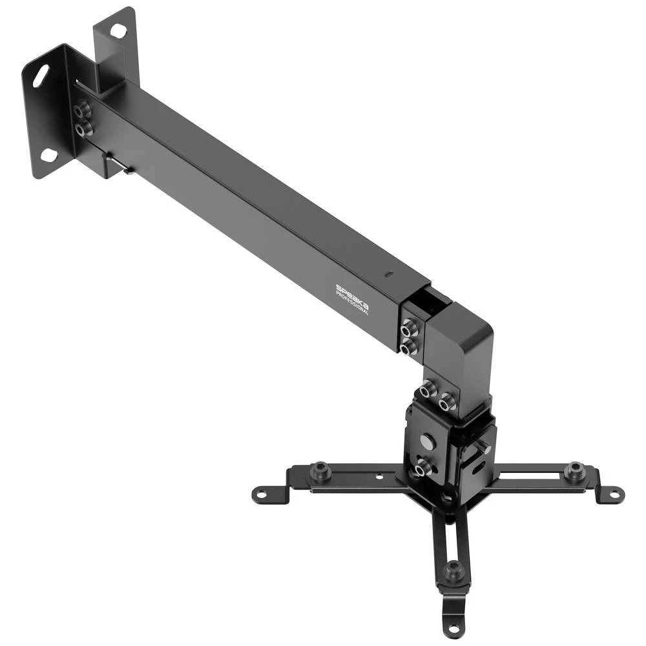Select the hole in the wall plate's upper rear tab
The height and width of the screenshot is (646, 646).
(x=118, y=29)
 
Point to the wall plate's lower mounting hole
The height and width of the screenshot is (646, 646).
(x=49, y=155)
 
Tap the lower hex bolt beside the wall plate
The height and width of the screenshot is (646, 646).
(x=83, y=129)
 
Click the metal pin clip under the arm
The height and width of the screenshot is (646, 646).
(x=120, y=167)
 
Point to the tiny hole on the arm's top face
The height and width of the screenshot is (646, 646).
(x=388, y=274)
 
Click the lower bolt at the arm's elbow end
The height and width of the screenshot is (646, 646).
(x=407, y=349)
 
